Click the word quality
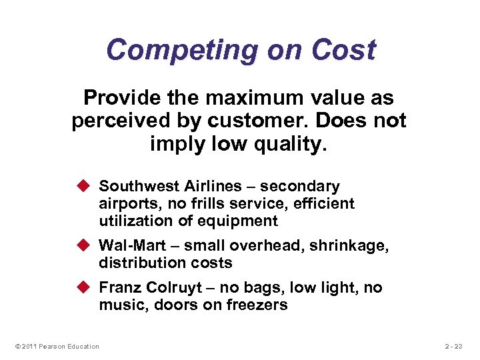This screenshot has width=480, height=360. coord(291,143)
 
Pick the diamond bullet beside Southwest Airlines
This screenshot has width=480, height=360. coord(87,186)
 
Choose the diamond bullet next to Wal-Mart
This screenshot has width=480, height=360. coord(87,246)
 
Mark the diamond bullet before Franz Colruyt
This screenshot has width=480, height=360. coord(87,287)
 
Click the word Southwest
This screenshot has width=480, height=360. coord(133,186)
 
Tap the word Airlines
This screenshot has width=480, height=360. coord(196,186)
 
